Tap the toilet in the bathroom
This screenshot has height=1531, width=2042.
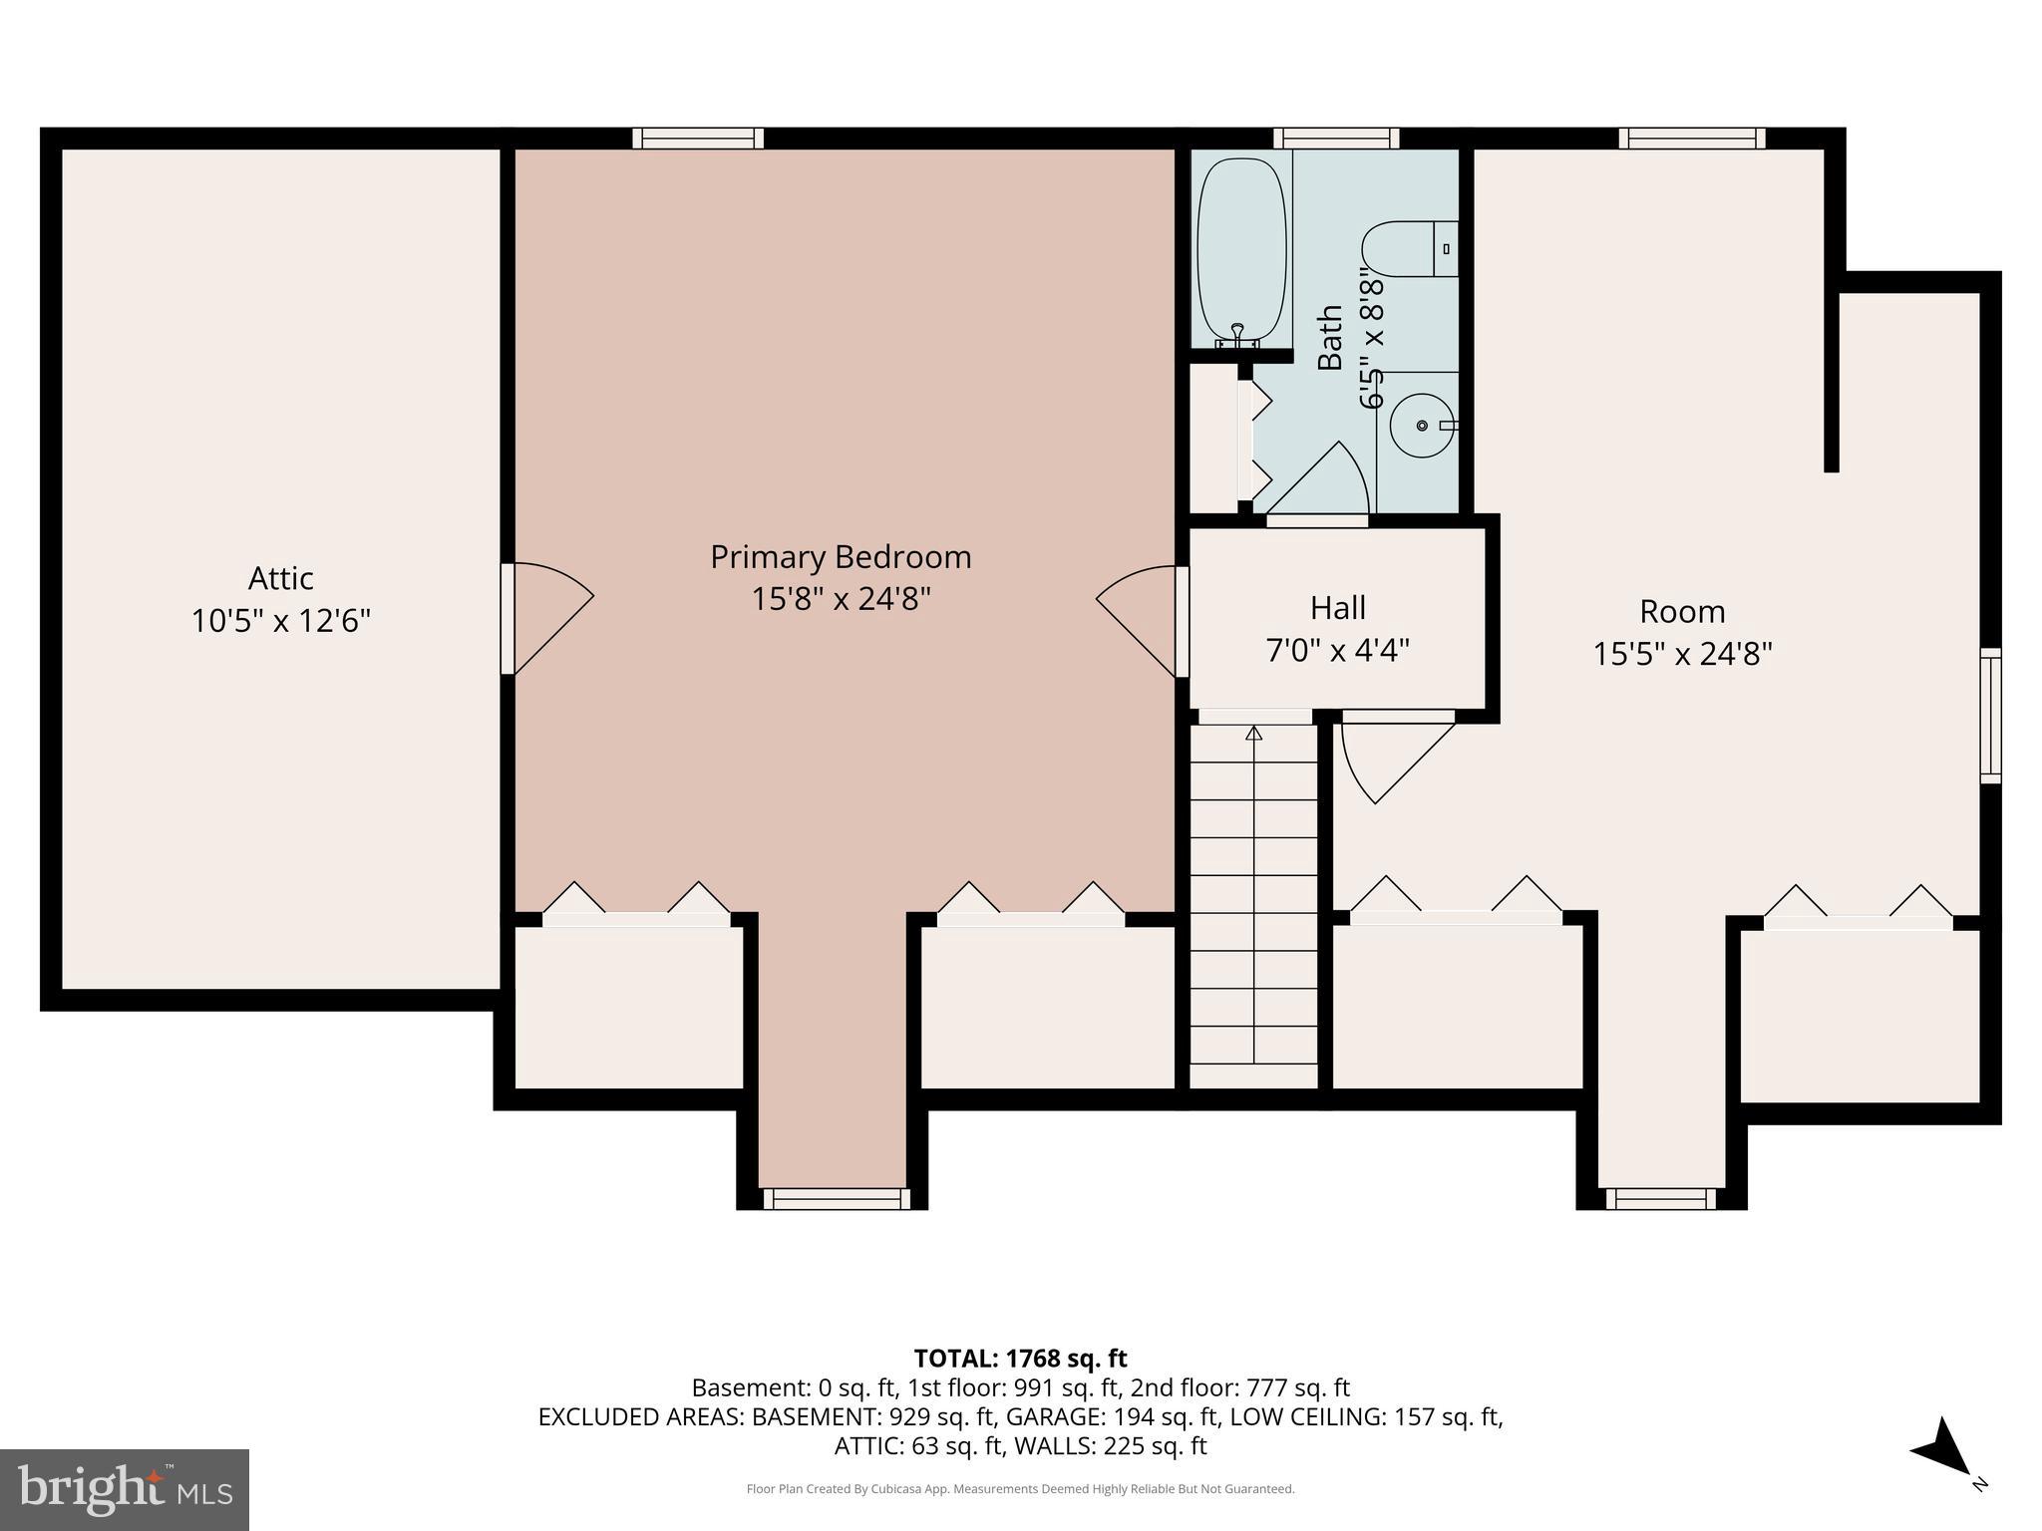(x=1406, y=249)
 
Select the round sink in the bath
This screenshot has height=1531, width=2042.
(x=1422, y=426)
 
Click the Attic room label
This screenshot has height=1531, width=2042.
(x=280, y=579)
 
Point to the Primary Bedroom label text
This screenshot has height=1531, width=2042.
(x=841, y=557)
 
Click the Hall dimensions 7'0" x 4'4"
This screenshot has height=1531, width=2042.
(x=1337, y=651)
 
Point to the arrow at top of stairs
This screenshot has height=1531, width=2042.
(x=1254, y=734)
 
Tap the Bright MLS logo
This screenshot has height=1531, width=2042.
(x=124, y=1489)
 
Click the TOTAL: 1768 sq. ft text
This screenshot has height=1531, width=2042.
(x=1020, y=1359)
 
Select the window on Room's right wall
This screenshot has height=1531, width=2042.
(x=1989, y=715)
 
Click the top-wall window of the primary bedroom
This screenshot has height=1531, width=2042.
(x=698, y=139)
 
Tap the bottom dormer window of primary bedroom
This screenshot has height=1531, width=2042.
(x=836, y=1198)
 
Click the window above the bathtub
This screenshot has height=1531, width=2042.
(x=1336, y=139)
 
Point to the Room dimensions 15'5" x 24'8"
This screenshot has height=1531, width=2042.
(x=1682, y=655)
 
